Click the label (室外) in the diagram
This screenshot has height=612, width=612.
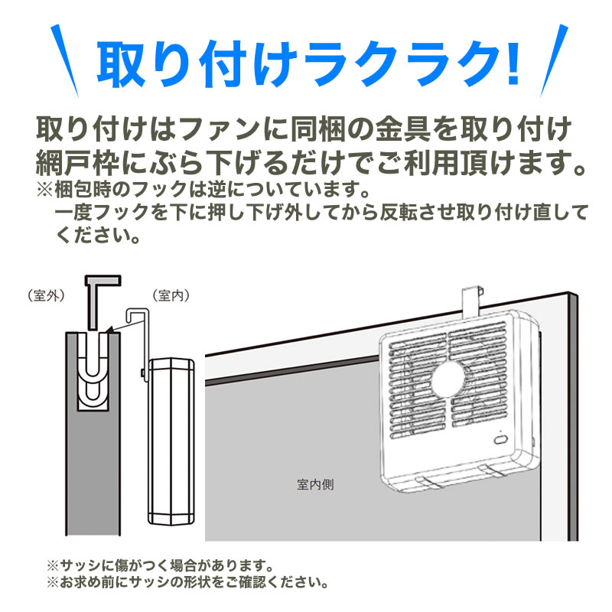[x=46, y=295]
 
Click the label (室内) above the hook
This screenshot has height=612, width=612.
[x=171, y=295]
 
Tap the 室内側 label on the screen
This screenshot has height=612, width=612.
[x=315, y=484]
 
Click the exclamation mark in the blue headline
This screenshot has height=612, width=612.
[x=512, y=63]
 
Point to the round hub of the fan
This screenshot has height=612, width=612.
[x=449, y=379]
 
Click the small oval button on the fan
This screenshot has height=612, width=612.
[x=500, y=440]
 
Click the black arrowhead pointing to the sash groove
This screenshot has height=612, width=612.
[x=110, y=330]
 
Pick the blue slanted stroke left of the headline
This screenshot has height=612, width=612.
[x=64, y=60]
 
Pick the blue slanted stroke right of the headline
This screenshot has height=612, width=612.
[x=554, y=60]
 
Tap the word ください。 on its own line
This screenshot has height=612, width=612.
[x=98, y=236]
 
